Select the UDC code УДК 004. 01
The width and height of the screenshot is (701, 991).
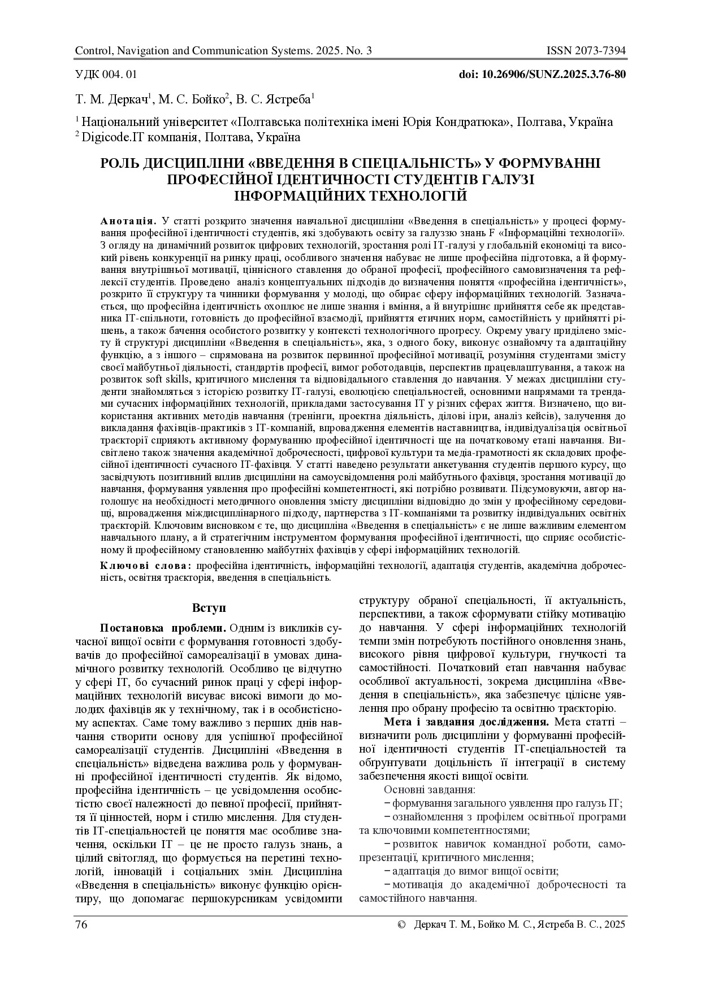106,74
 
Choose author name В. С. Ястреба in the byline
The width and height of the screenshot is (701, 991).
274,99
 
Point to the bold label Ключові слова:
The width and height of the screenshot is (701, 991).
145,566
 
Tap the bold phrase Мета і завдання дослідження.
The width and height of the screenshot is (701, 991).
466,721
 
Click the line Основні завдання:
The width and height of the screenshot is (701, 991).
429,790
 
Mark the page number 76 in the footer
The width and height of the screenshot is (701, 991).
81,925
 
